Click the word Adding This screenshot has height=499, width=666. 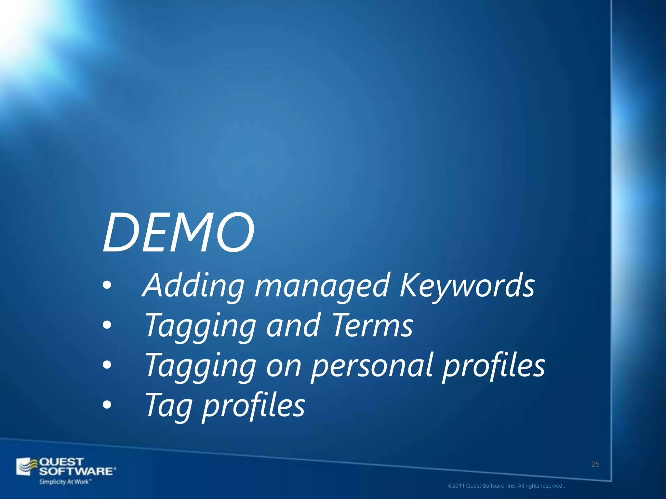click(193, 285)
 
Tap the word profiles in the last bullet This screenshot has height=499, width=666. click(254, 406)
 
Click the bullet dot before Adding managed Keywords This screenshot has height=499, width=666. click(107, 286)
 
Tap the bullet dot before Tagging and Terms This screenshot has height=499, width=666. click(107, 325)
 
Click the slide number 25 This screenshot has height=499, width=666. click(595, 464)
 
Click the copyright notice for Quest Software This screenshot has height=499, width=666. click(507, 486)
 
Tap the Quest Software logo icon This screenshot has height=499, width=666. click(27, 467)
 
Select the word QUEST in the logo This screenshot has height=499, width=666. click(61, 462)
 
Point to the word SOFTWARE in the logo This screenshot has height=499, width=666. click(77, 471)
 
